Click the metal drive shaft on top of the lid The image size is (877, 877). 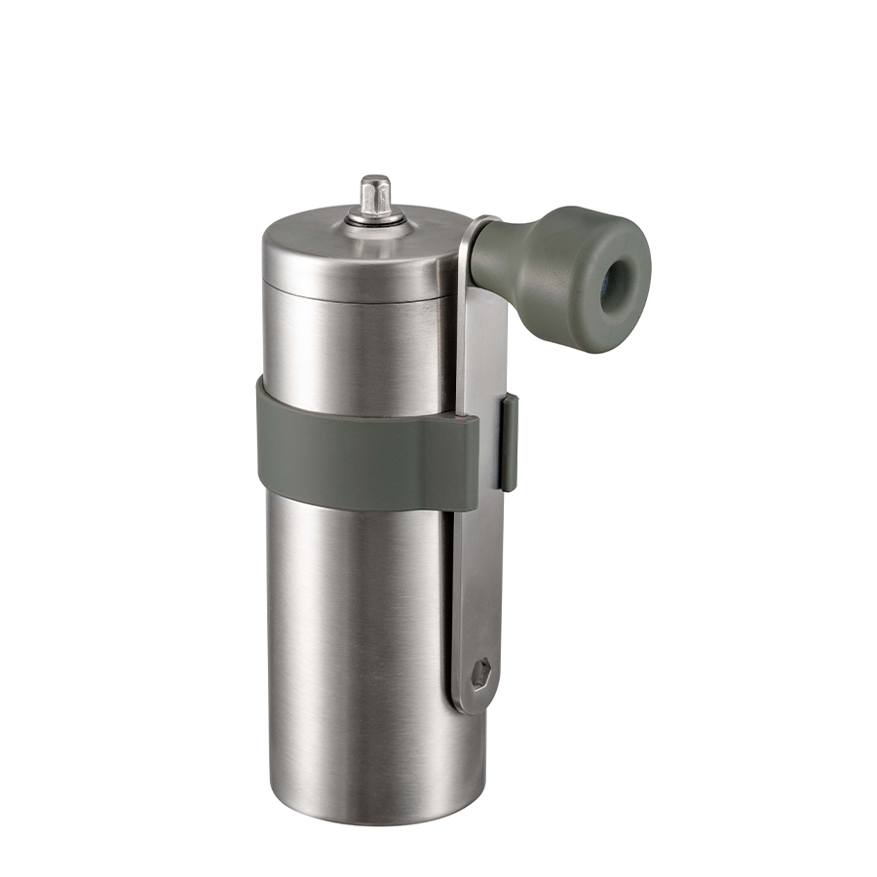pos(375,195)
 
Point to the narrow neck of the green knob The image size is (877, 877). pos(497,254)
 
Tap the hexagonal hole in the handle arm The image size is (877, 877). pos(480,671)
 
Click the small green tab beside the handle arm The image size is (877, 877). pos(509,442)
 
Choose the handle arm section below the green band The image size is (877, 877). pos(477,585)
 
